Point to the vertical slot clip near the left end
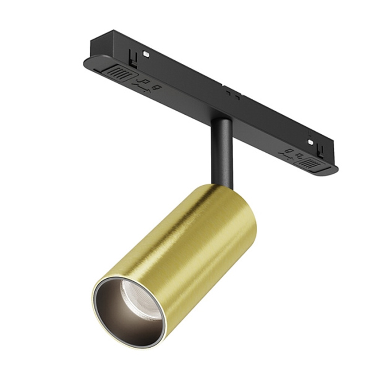click(x=132, y=56)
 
